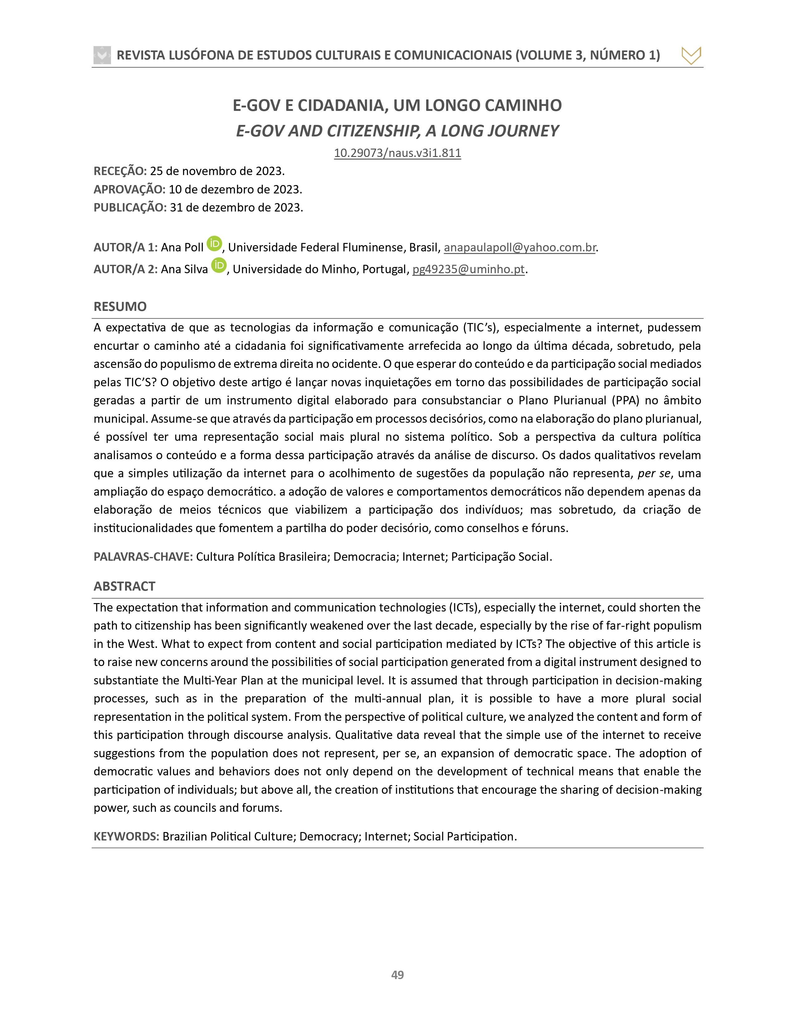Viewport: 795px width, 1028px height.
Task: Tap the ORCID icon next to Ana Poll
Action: point(214,243)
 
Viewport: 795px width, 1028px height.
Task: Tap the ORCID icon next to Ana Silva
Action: point(219,265)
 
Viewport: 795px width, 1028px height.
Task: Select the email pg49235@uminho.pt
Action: point(468,269)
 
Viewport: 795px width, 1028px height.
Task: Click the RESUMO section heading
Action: point(120,307)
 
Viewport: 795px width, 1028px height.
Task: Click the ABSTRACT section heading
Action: point(124,587)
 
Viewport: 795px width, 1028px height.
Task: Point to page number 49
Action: point(397,975)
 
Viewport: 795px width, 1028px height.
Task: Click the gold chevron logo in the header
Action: point(691,55)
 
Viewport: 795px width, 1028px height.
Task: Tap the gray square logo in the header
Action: point(102,55)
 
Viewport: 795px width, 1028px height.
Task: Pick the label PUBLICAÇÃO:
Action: point(130,207)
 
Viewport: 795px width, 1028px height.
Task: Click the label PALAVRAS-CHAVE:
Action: point(143,557)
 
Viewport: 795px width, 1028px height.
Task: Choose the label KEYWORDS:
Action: point(126,836)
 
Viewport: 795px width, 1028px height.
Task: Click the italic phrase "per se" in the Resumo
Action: point(654,474)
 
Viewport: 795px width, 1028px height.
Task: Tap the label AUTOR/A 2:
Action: point(125,269)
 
